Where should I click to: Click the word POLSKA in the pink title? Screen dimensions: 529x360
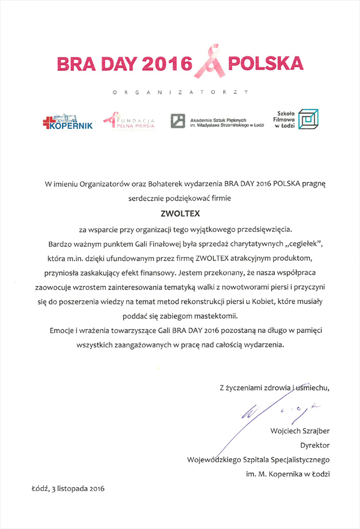[x=265, y=64]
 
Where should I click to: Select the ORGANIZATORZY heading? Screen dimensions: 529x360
[x=179, y=92]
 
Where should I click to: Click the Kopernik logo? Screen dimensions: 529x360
[x=68, y=122]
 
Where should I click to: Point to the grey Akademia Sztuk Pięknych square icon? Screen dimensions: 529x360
[x=177, y=121]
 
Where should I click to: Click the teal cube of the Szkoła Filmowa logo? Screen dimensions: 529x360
[x=308, y=119]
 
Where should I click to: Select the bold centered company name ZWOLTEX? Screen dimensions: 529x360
[x=179, y=211]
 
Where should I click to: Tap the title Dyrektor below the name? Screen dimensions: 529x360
[x=315, y=445]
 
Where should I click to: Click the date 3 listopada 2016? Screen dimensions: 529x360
[x=78, y=489]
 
